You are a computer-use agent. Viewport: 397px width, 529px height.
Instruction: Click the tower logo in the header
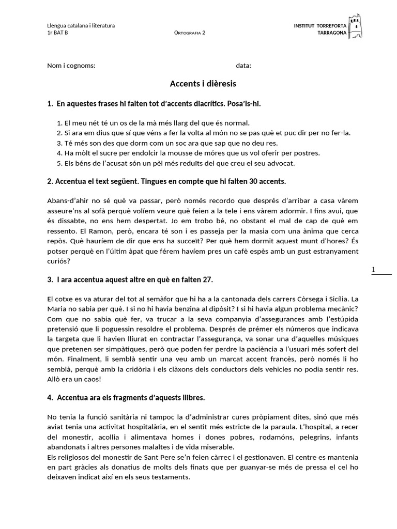click(355, 27)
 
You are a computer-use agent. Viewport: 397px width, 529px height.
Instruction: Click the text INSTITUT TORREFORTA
click(320, 25)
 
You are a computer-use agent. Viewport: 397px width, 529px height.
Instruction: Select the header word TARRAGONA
click(332, 32)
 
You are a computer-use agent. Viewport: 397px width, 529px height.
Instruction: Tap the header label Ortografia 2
click(190, 33)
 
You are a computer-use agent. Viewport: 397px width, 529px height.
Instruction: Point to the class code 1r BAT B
click(57, 33)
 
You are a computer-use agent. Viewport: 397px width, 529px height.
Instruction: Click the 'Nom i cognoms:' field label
click(71, 66)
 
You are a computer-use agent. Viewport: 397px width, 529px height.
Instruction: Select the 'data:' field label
click(243, 66)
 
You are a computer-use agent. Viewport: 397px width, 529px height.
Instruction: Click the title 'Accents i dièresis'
click(203, 83)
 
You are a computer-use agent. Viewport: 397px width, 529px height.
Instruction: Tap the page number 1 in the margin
click(373, 270)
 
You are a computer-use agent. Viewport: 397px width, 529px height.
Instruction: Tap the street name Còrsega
click(312, 299)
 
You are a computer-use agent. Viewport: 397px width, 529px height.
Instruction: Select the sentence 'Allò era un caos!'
click(74, 379)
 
